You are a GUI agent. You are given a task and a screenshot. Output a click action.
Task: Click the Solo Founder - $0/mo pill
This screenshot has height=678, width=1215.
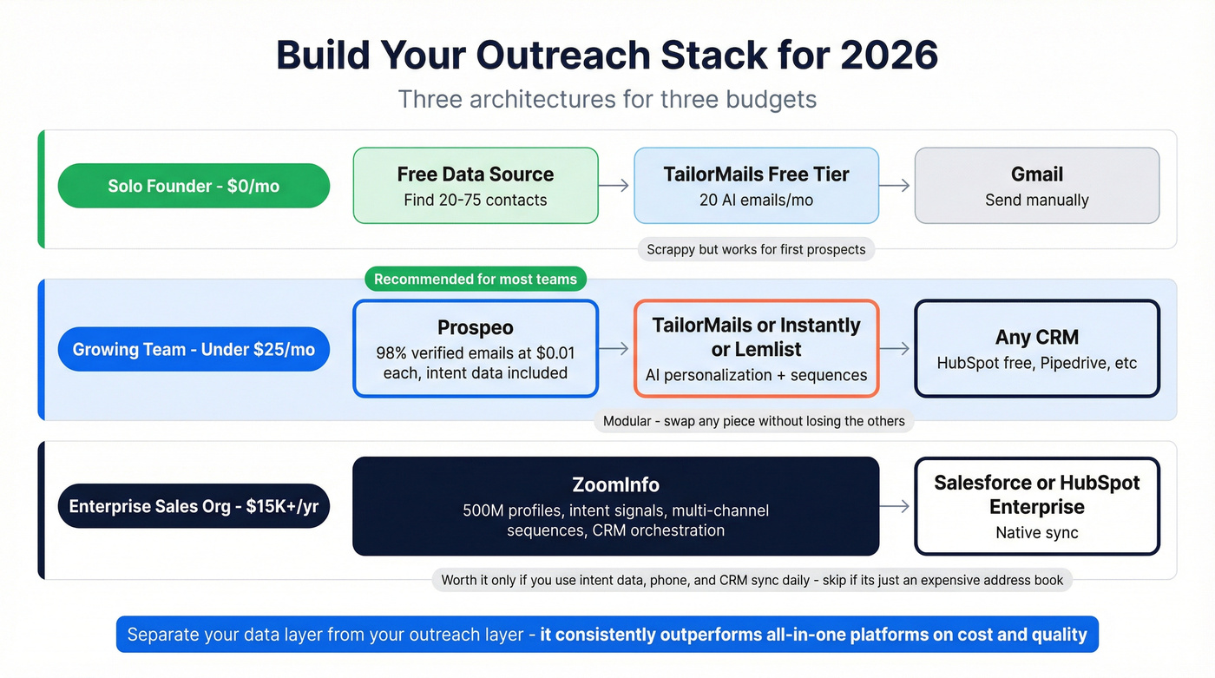194,186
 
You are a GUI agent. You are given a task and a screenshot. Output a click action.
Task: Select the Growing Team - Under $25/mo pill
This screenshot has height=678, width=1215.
194,349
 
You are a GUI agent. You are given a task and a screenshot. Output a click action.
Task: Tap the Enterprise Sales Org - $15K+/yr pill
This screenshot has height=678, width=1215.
194,506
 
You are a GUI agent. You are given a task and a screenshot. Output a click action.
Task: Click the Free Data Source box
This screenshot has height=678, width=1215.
476,186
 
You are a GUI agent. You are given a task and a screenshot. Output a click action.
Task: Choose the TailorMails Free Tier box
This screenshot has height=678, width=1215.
756,186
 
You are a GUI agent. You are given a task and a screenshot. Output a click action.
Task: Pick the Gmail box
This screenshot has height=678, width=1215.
1037,186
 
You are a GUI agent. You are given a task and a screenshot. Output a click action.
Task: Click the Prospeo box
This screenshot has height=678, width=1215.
476,349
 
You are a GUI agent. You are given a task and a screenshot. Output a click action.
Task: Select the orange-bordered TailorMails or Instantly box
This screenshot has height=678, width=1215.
756,349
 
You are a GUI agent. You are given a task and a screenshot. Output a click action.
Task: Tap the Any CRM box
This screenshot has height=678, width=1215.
1037,349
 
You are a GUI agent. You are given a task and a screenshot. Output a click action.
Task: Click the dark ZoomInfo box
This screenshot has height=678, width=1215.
615,506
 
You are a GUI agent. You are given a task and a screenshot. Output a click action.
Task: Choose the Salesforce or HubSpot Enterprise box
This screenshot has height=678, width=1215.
1037,506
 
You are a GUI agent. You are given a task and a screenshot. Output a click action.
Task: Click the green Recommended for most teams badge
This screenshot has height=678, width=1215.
476,279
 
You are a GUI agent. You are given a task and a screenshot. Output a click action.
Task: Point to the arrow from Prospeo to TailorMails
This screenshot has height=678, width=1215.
615,349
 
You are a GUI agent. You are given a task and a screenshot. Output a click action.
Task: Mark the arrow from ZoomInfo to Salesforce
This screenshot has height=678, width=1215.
896,506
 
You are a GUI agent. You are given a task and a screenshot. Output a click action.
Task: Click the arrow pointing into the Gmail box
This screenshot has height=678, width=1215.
896,186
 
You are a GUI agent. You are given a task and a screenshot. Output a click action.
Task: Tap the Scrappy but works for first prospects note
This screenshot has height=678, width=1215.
756,249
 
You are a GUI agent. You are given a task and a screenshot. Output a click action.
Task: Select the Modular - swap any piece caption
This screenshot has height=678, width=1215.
753,421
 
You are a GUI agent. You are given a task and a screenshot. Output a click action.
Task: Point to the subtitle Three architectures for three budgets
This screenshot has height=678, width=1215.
607,99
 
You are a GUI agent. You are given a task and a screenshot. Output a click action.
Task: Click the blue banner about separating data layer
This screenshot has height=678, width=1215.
607,635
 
